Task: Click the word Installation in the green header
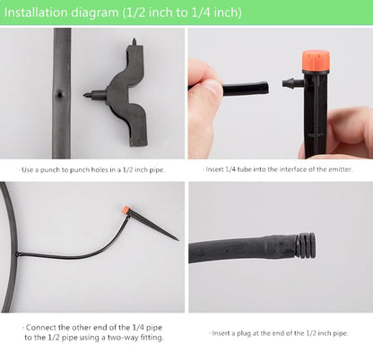pyautogui.click(x=36, y=13)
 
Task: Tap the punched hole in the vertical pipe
pyautogui.click(x=60, y=95)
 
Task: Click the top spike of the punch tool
pyautogui.click(x=134, y=42)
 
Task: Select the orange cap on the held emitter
pyautogui.click(x=316, y=62)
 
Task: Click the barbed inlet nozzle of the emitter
pyautogui.click(x=292, y=82)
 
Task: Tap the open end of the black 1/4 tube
pyautogui.click(x=266, y=88)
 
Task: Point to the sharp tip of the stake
pyautogui.click(x=178, y=239)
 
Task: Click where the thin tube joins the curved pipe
pyautogui.click(x=18, y=254)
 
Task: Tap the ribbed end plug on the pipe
pyautogui.click(x=305, y=244)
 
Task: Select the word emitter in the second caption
pyautogui.click(x=341, y=169)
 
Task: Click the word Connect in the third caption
pyautogui.click(x=41, y=328)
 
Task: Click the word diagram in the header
pyautogui.click(x=94, y=13)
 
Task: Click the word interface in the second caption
pyautogui.click(x=293, y=169)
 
